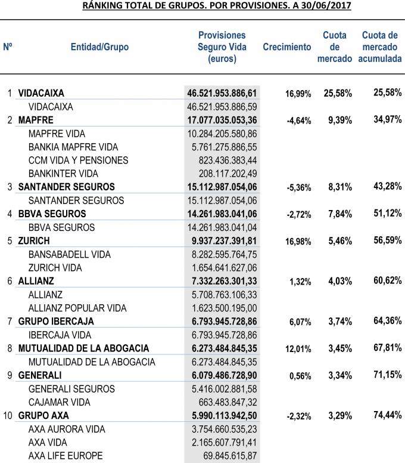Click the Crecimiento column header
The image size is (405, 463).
coord(286,47)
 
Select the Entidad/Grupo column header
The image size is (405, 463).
coord(99,47)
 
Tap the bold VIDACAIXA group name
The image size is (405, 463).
coord(41,93)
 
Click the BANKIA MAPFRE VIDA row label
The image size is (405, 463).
coord(73,147)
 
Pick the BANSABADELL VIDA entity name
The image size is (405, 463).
coord(70,255)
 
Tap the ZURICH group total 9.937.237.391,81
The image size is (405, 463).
coord(222,241)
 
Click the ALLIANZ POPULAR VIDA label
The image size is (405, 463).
coord(77,308)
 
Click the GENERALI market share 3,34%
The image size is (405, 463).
coord(338,375)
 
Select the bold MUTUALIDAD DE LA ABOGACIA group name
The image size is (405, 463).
coord(83,348)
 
